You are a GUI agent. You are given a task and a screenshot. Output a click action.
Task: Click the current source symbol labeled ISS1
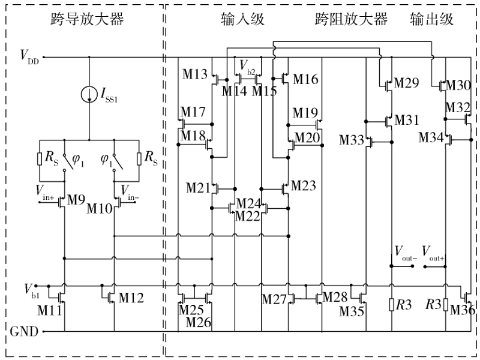[89, 94]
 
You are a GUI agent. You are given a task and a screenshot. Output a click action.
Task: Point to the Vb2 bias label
[247, 64]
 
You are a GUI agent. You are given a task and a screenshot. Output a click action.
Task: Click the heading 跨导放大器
[87, 20]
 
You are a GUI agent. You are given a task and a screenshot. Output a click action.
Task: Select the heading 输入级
[235, 20]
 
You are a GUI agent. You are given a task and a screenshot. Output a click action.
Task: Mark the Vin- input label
[132, 191]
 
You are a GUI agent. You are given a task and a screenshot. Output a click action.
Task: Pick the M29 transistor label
[406, 84]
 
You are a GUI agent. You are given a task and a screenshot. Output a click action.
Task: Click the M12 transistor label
[131, 298]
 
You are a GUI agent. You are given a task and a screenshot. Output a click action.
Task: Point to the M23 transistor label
[304, 186]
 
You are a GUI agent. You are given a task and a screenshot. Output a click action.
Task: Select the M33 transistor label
[352, 140]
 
